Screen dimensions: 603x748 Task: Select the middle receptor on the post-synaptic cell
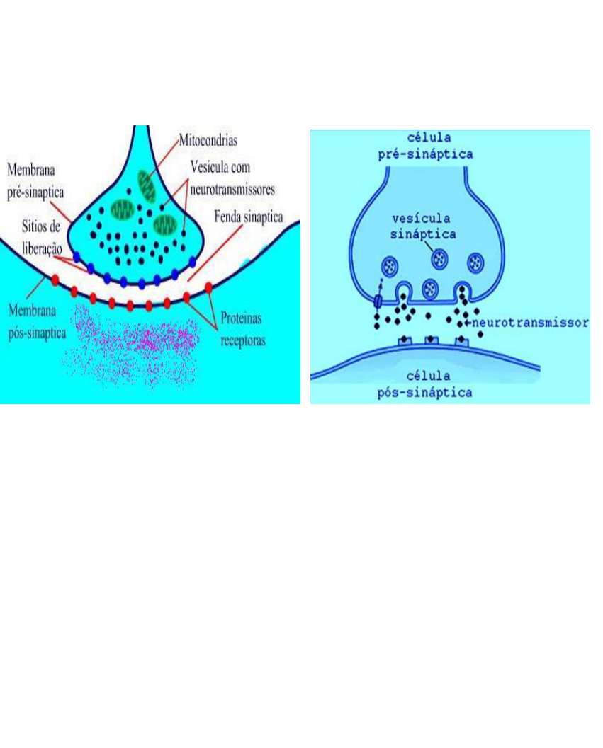(x=429, y=341)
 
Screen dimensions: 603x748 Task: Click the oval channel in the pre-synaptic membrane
(x=378, y=301)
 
